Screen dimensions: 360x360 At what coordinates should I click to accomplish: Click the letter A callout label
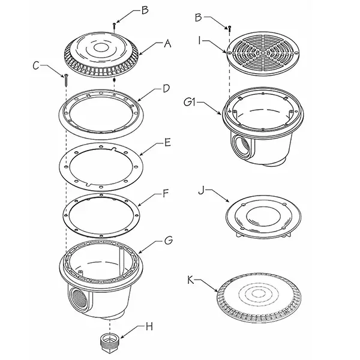167,43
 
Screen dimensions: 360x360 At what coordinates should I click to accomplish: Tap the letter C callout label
36,66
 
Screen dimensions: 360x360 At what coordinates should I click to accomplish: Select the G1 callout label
190,102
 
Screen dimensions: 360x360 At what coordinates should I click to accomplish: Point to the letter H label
149,326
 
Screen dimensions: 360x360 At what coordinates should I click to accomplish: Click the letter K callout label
191,280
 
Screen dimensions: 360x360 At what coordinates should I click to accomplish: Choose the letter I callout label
200,41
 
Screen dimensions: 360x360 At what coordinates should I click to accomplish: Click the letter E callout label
167,142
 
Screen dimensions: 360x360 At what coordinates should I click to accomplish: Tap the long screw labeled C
66,80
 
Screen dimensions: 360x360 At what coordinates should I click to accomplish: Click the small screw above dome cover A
114,26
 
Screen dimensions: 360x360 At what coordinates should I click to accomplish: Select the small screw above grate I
229,29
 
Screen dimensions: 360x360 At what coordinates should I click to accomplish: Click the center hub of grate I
262,53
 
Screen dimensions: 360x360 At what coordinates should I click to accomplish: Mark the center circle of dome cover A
100,48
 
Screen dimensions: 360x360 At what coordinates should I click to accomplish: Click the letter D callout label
166,89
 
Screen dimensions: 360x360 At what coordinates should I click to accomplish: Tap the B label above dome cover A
145,10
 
